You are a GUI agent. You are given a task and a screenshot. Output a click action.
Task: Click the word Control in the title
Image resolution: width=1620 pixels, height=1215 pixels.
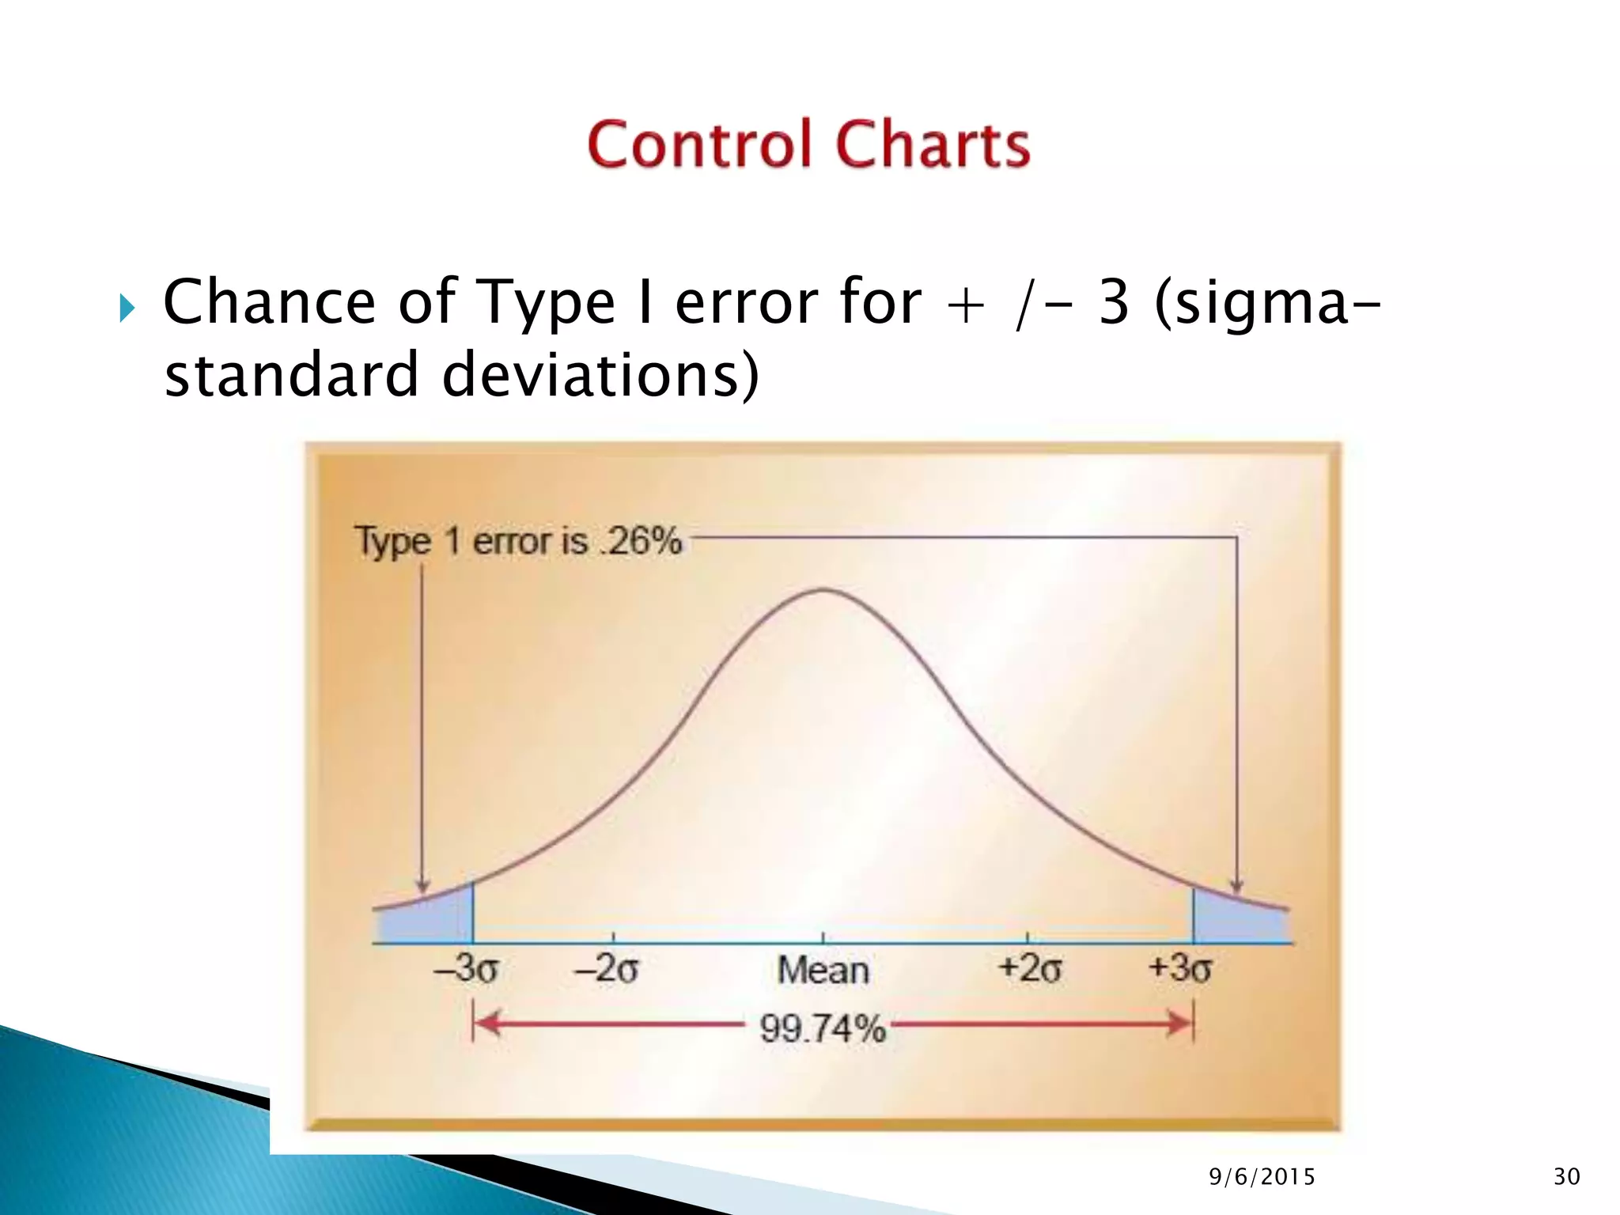(x=699, y=145)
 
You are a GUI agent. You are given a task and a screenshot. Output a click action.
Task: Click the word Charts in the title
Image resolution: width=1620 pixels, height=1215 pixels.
(x=933, y=145)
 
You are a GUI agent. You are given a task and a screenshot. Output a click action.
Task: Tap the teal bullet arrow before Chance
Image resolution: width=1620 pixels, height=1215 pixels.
(x=127, y=308)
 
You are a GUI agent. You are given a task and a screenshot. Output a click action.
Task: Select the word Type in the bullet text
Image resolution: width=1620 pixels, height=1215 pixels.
(x=547, y=303)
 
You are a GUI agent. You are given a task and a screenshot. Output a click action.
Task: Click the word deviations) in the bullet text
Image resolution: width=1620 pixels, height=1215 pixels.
(x=600, y=375)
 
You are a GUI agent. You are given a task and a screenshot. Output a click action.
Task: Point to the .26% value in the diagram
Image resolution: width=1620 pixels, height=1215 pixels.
(x=641, y=541)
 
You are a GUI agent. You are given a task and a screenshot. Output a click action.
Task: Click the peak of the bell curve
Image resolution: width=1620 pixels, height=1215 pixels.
(x=823, y=590)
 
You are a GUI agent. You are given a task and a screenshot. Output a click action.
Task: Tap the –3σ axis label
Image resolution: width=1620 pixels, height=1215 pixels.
(x=467, y=968)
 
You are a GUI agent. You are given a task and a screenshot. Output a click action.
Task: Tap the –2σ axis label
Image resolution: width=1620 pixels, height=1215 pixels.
(x=607, y=968)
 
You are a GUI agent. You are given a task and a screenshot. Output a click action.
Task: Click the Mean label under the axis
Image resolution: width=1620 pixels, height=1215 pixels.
(x=823, y=970)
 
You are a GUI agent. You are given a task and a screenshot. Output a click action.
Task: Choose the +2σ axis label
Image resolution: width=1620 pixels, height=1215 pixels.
(x=1029, y=968)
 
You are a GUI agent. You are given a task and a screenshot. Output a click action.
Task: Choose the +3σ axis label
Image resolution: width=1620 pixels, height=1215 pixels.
(x=1179, y=968)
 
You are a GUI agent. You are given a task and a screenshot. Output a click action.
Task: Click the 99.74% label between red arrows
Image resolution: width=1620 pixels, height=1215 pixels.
(x=823, y=1028)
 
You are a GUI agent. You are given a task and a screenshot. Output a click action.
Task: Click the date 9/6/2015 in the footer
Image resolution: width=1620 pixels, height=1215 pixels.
(x=1262, y=1177)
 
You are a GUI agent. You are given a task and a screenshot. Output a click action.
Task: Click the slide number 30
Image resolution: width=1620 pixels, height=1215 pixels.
(x=1566, y=1177)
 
